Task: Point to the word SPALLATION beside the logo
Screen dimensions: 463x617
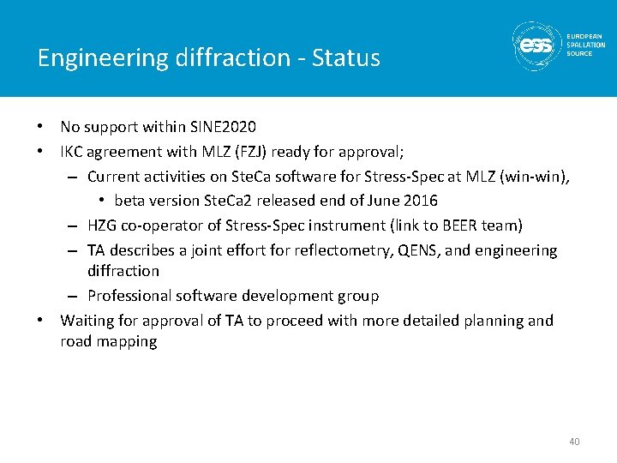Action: (x=585, y=45)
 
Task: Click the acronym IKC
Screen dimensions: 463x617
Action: (x=72, y=152)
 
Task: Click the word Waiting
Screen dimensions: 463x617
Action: (x=88, y=321)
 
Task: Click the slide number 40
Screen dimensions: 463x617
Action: (x=574, y=442)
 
